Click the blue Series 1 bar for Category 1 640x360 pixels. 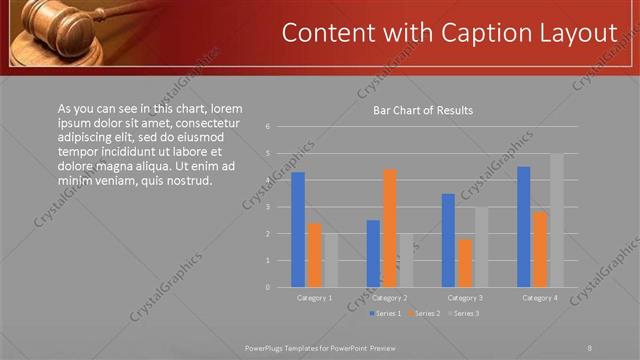point(298,230)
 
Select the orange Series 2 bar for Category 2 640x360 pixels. point(389,228)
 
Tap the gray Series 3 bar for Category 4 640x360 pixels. point(556,220)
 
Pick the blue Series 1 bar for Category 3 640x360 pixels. point(448,240)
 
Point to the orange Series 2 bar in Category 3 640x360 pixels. point(464,263)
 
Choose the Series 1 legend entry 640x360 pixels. point(386,314)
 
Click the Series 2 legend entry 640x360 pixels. point(424,314)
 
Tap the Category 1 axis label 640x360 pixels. point(315,298)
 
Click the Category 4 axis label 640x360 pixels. point(540,298)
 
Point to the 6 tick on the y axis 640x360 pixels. point(268,127)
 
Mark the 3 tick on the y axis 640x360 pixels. point(268,207)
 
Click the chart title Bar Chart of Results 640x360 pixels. point(423,110)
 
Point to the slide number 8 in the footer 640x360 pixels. point(590,348)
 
